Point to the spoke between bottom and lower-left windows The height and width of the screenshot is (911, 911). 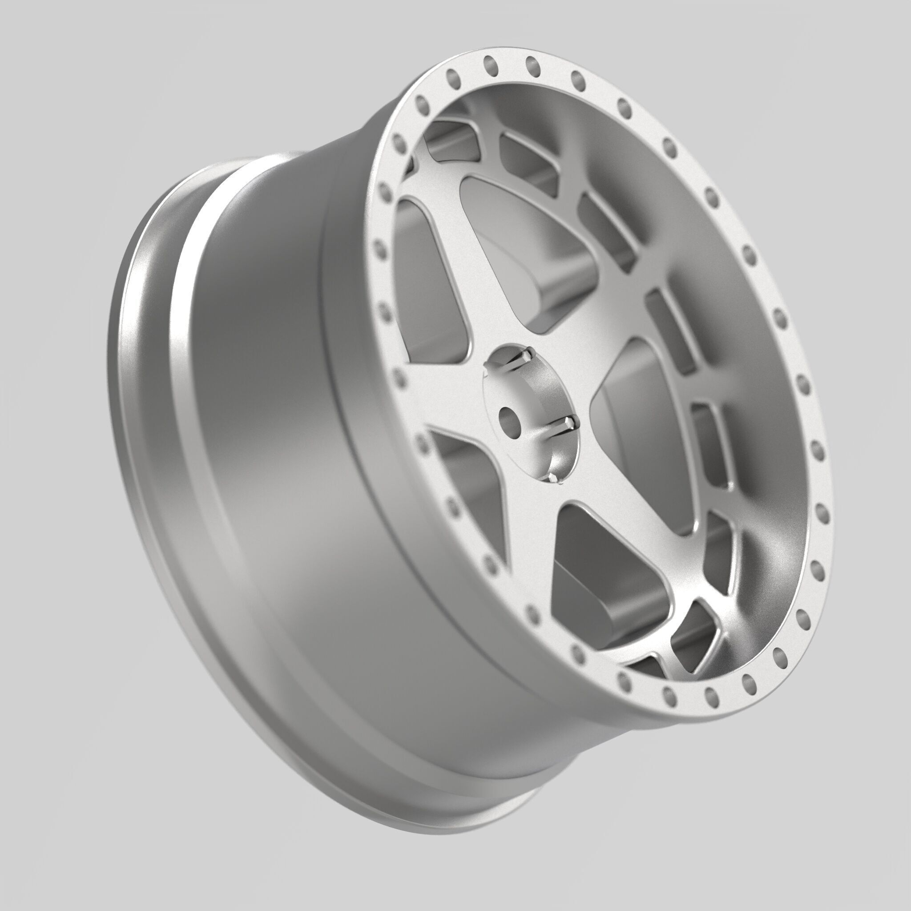[x=524, y=528]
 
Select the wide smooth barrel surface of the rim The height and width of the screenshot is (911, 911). [x=264, y=424]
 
